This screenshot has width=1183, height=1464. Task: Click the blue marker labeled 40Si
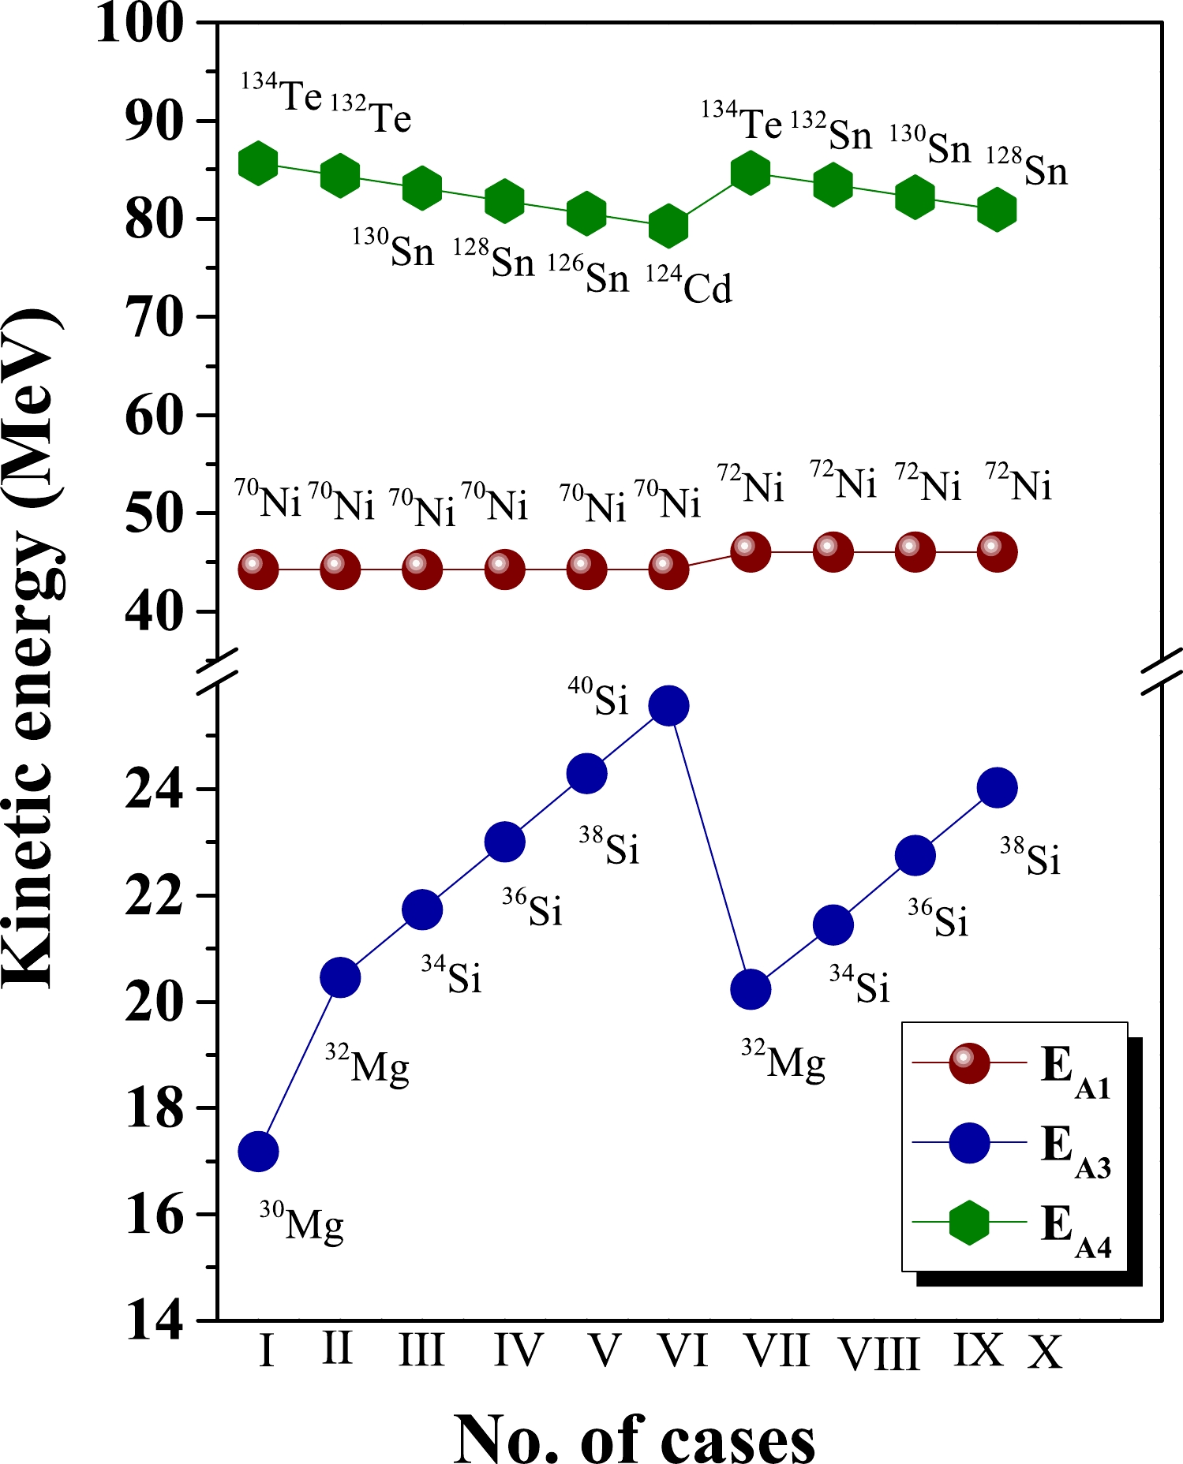[x=668, y=705]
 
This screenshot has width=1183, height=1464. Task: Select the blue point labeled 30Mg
[x=258, y=1152]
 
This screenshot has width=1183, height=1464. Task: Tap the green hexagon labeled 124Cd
[x=668, y=226]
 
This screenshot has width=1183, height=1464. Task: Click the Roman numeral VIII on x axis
[x=879, y=1354]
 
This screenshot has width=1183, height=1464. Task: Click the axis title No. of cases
[x=634, y=1437]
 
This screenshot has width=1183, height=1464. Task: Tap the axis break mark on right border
[x=1162, y=672]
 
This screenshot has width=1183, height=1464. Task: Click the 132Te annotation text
[x=371, y=115]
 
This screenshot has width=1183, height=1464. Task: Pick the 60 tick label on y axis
[x=155, y=416]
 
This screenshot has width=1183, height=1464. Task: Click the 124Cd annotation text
[x=689, y=286]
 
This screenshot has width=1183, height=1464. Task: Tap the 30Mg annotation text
[x=302, y=1222]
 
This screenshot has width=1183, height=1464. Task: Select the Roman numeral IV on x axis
[x=518, y=1350]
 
